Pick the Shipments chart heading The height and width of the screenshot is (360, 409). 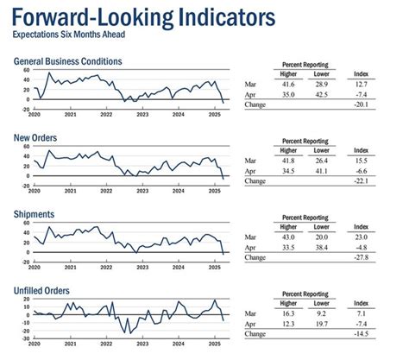tap(35, 215)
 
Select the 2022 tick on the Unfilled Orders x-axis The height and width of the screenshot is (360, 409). tap(105, 346)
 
